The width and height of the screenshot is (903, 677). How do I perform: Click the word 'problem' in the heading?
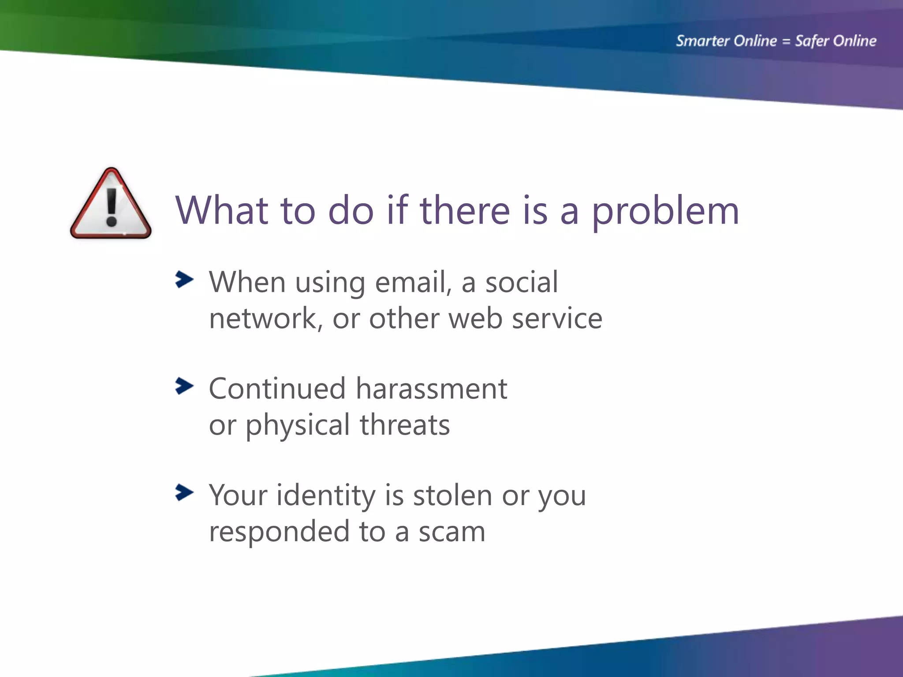665,212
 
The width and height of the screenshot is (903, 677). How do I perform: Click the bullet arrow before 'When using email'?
184,279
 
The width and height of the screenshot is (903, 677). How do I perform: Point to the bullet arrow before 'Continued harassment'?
184,386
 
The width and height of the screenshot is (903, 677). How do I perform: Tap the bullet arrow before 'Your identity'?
184,492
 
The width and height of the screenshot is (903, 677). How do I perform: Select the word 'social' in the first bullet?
521,282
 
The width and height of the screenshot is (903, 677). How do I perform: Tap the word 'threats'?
404,425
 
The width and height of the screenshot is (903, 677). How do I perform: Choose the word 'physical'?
298,426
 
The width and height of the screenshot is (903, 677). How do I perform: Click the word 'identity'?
326,496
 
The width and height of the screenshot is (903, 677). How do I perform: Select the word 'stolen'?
452,495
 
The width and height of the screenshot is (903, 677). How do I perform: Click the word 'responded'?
279,532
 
